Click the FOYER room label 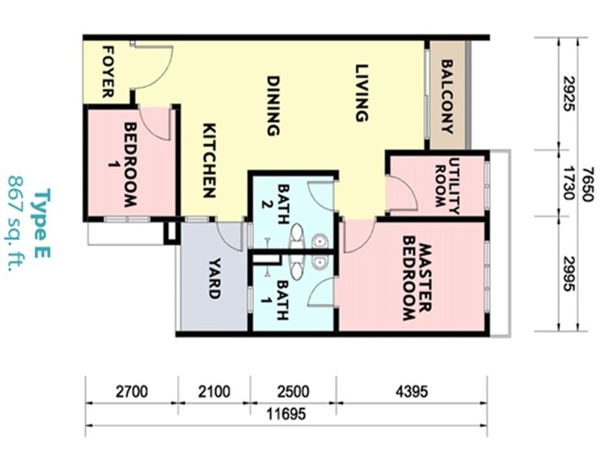tap(108, 72)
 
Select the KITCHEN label tap(209, 160)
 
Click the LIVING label tap(361, 93)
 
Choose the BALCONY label tap(448, 96)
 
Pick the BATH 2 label tap(283, 203)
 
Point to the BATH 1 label tap(283, 301)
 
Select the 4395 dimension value tap(411, 392)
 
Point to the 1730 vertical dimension tap(569, 183)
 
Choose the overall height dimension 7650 tap(591, 183)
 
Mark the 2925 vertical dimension tap(569, 93)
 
